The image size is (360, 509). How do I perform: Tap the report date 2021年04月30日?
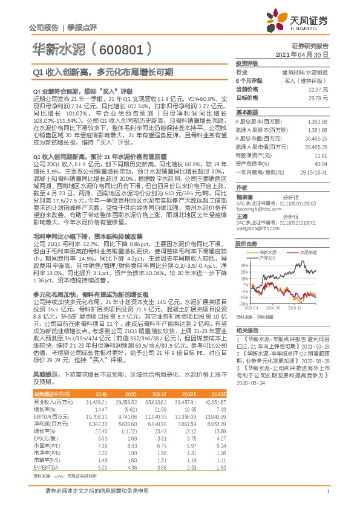pyautogui.click(x=307, y=54)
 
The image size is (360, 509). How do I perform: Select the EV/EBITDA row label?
pyautogui.click(x=43, y=450)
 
